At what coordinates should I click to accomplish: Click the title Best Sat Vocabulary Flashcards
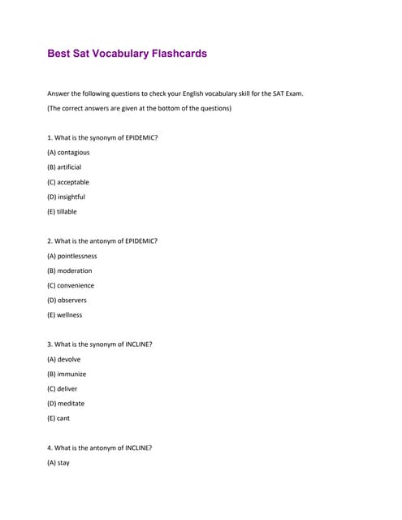coord(128,54)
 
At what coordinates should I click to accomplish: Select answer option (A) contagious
coord(69,152)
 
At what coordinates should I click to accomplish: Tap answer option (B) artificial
coord(65,167)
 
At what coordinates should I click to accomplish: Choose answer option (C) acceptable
coord(68,182)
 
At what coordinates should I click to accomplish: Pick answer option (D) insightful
coord(67,197)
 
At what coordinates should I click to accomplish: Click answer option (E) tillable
coord(62,211)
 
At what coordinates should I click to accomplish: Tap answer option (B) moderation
coord(70,271)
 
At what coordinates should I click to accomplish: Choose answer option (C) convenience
coord(71,285)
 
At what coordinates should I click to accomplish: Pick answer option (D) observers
coord(67,300)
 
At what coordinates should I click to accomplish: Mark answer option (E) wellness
coord(65,314)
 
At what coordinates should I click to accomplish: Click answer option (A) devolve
coord(64,359)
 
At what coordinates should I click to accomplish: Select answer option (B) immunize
coord(67,374)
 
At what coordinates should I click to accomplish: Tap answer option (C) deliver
coord(63,388)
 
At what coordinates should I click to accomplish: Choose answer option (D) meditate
coord(66,403)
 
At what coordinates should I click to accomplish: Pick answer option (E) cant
coord(58,418)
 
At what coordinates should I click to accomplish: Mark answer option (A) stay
coord(58,462)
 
